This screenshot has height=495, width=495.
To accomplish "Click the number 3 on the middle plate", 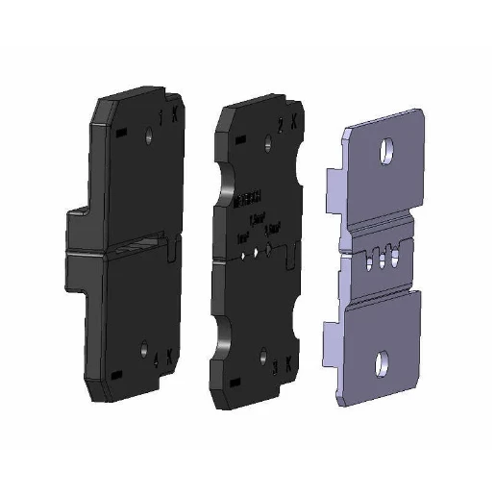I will point(277,367).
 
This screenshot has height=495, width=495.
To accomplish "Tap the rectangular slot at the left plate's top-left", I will point(119,136).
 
